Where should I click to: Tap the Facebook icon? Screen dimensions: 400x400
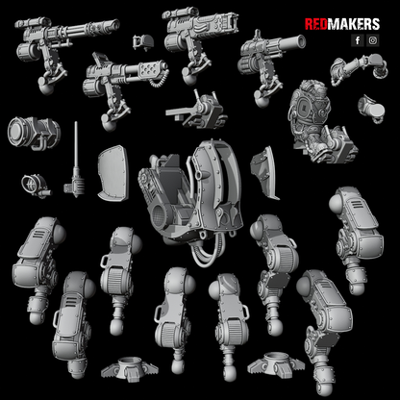(x=358, y=40)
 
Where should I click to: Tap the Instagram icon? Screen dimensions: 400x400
(x=372, y=40)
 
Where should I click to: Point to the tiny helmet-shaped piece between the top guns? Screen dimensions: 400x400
(x=143, y=41)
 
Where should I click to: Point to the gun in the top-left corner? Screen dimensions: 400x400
(x=48, y=38)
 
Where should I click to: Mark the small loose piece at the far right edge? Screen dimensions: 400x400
(x=381, y=107)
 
